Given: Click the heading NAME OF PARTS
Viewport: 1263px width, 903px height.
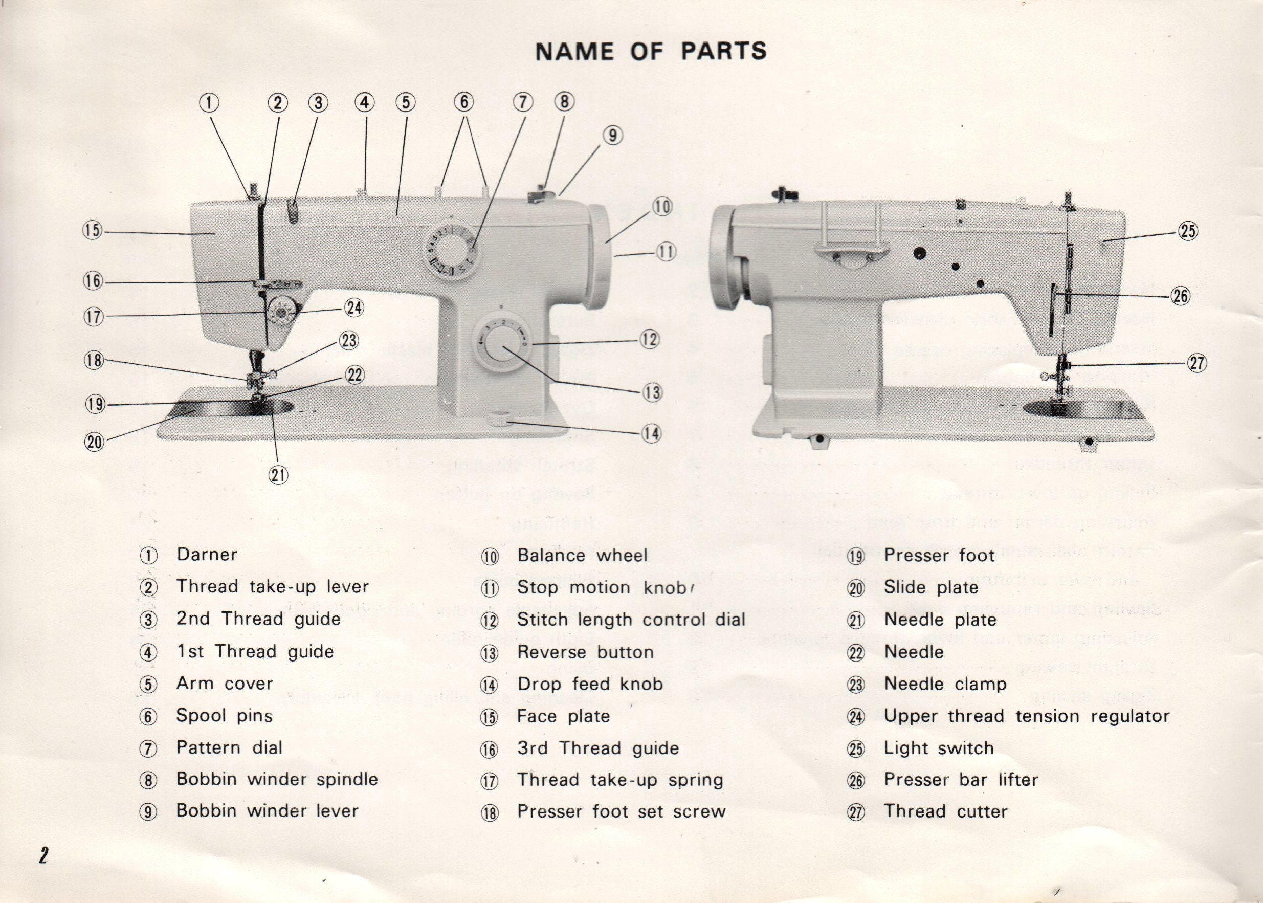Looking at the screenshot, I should tap(650, 51).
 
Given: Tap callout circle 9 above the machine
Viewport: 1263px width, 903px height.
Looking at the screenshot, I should tap(612, 136).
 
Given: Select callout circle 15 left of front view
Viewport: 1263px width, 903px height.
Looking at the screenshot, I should tap(94, 230).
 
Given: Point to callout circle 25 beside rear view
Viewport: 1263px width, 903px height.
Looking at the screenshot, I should tap(1187, 231).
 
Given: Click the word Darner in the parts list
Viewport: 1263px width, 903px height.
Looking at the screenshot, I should tap(207, 555).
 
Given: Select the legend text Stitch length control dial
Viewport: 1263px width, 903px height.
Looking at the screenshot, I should tap(631, 620).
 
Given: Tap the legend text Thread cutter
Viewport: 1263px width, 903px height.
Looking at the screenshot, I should tap(945, 811).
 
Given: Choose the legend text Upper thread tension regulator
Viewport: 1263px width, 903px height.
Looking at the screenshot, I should tap(1027, 716).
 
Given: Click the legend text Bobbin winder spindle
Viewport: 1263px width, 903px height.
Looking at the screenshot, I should tap(277, 779).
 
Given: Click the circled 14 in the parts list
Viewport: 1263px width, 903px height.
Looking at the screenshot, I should tap(489, 686).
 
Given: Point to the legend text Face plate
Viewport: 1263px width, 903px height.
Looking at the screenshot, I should tap(563, 716).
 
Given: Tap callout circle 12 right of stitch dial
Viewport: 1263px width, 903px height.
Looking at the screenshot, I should tap(650, 339).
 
